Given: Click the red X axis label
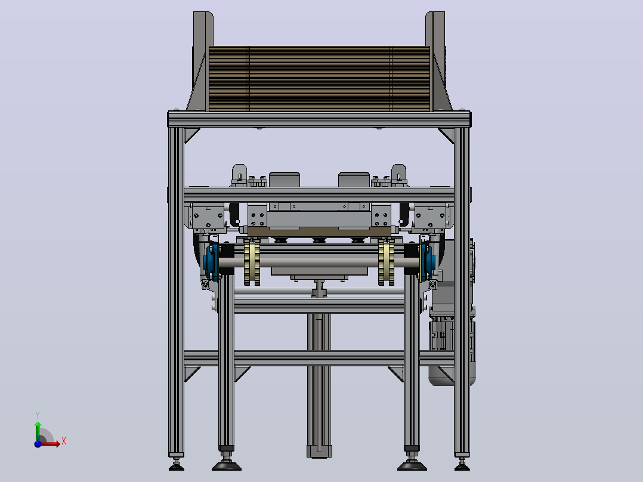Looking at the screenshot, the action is pos(64,441).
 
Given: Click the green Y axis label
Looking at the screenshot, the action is pos(38,415).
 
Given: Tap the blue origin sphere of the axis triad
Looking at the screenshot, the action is pos(38,443).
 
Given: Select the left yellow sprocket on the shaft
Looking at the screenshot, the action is pos(252,261).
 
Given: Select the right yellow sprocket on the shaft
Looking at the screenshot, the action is pos(386,261).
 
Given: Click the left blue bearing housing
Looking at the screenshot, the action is pos(211,262).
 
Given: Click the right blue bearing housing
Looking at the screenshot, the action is pos(426,262).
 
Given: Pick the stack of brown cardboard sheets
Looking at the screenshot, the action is pos(320,79).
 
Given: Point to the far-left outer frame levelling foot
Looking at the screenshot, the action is pos(177,464).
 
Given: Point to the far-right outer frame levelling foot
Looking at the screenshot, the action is pos(462,464).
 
